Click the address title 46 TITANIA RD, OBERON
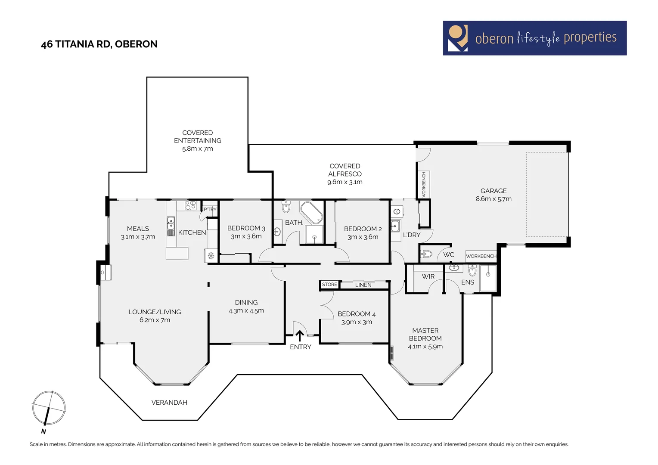(99, 44)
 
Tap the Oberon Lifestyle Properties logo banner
(534, 38)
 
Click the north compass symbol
(49, 408)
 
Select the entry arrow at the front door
(300, 335)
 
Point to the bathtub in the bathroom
(311, 212)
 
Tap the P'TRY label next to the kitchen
(210, 209)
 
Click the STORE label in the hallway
(329, 285)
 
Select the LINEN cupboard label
(363, 285)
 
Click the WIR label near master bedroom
(428, 276)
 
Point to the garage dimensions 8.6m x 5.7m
(493, 199)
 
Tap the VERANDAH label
(169, 403)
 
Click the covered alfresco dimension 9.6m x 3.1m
(345, 182)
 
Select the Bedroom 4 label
(357, 314)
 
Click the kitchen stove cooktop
(190, 205)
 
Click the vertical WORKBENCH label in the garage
(424, 184)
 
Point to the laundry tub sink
(395, 226)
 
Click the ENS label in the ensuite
(467, 282)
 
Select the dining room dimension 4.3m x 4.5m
(246, 311)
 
